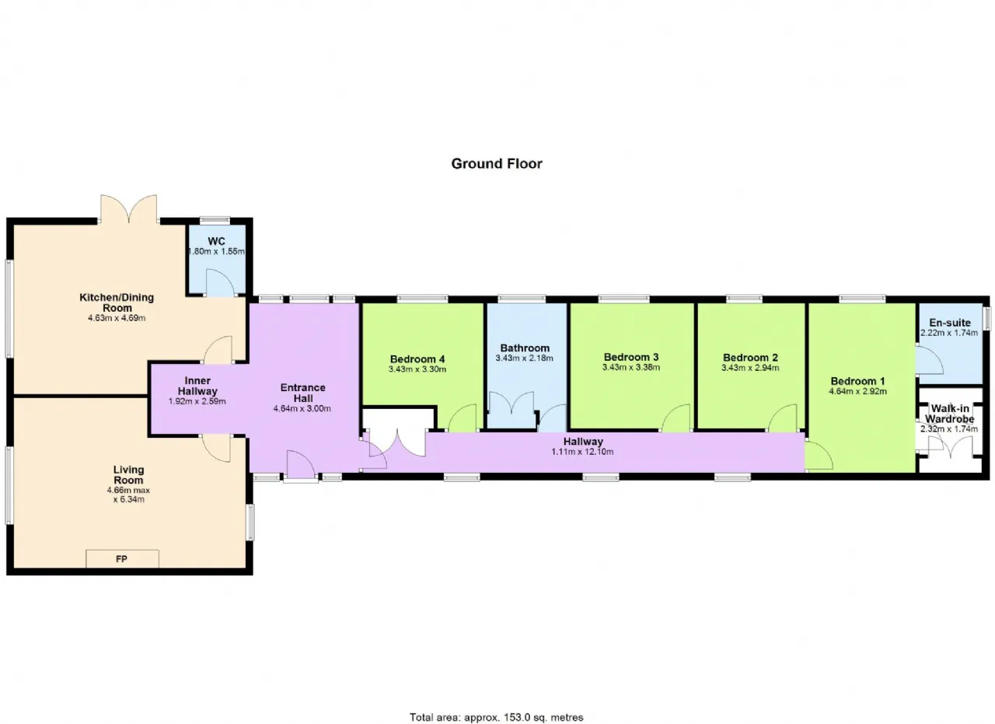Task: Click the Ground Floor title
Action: pyautogui.click(x=497, y=163)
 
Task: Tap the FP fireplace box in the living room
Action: pyautogui.click(x=122, y=558)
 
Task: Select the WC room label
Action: pyautogui.click(x=216, y=241)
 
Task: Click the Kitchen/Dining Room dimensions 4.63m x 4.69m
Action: pyautogui.click(x=117, y=318)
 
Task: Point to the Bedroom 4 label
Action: pyautogui.click(x=417, y=359)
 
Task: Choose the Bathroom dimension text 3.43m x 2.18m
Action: pyautogui.click(x=525, y=359)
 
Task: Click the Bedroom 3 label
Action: pyautogui.click(x=631, y=357)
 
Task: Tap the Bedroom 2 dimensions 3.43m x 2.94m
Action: pyautogui.click(x=750, y=368)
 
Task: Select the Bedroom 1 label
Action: pyautogui.click(x=857, y=381)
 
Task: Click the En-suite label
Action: pyautogui.click(x=950, y=323)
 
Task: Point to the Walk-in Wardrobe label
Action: pyautogui.click(x=950, y=414)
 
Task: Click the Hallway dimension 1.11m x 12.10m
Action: pyautogui.click(x=582, y=452)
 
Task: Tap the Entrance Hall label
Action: pyautogui.click(x=303, y=393)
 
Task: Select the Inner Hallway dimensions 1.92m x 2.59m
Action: pyautogui.click(x=197, y=401)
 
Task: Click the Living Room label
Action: pyautogui.click(x=128, y=474)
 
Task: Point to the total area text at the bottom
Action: pyautogui.click(x=497, y=705)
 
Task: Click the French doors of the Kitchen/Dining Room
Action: pyautogui.click(x=129, y=209)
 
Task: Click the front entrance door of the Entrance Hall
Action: pyautogui.click(x=301, y=464)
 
